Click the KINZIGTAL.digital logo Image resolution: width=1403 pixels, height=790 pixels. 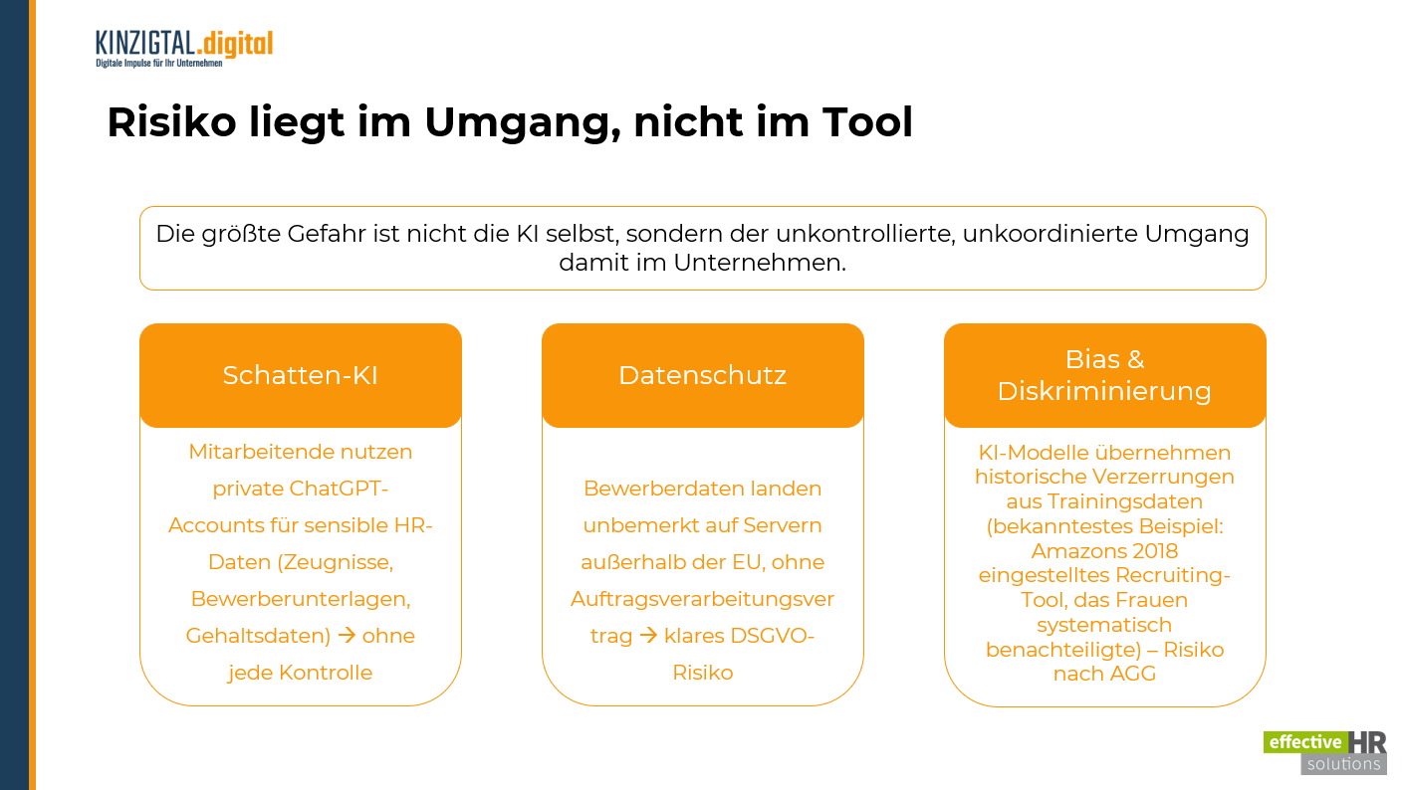[184, 48]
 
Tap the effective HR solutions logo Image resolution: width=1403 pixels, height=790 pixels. [1324, 752]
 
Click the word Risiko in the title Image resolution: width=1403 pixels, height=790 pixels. [171, 121]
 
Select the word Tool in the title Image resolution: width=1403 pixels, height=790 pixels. [867, 121]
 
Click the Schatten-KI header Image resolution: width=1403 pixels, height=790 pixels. [300, 375]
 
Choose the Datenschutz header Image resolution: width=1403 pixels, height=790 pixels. [702, 375]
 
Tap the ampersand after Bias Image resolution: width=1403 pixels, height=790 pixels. [1135, 359]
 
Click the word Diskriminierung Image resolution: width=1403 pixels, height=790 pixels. [1104, 392]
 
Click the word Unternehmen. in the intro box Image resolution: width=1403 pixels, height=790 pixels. [759, 263]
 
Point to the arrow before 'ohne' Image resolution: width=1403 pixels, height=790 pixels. [347, 636]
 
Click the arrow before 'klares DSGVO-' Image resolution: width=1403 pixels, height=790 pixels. [648, 636]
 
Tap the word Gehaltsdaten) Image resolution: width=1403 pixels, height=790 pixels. [258, 636]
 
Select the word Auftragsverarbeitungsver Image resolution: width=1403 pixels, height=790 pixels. [702, 600]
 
